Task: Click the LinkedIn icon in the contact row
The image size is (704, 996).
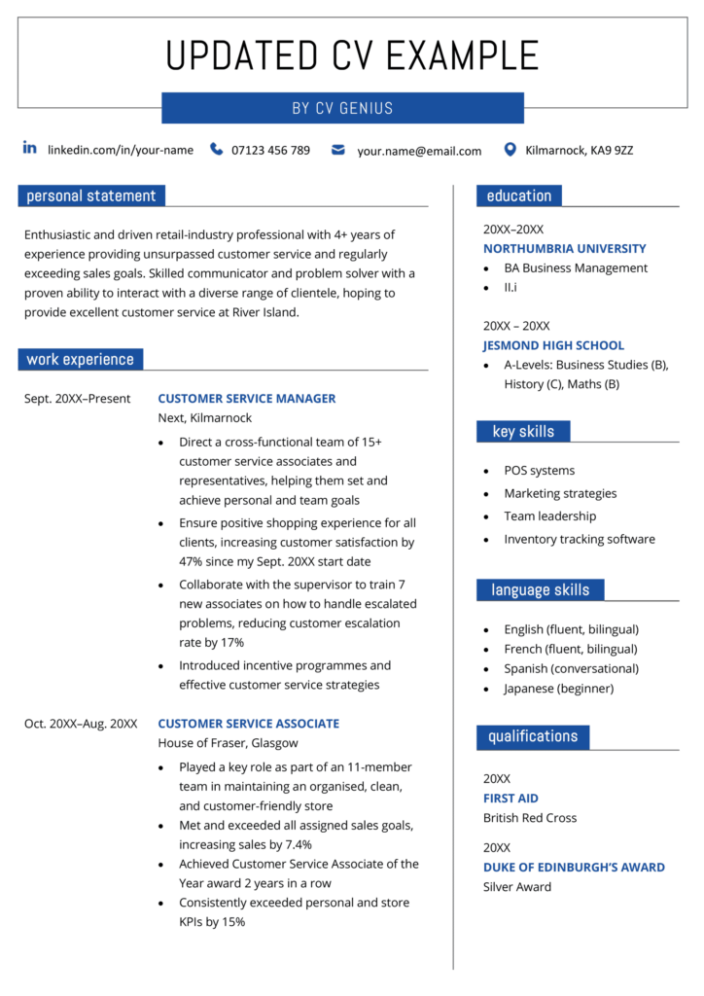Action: (30, 148)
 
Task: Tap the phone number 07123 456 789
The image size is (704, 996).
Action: (270, 150)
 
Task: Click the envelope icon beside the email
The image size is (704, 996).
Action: (337, 150)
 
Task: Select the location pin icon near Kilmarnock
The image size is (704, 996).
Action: (510, 150)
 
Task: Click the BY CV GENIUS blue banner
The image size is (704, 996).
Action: (342, 108)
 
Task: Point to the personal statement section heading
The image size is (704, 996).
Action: (91, 196)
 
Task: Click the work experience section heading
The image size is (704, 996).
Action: (81, 360)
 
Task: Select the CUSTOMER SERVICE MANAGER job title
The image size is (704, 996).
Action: (246, 399)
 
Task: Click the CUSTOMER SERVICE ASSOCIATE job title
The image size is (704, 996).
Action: (248, 724)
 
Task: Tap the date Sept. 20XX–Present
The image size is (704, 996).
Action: (77, 399)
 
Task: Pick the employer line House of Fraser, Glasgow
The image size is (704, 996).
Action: (228, 743)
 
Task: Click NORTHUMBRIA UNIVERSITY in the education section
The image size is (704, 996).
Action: (564, 249)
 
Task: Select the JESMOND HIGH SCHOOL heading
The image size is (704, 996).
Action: (553, 345)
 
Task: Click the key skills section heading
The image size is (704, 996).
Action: (523, 432)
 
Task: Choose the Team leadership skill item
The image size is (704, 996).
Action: (549, 516)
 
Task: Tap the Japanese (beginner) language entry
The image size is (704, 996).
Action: (558, 689)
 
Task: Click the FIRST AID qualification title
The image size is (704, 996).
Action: (510, 799)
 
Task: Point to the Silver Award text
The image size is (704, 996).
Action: (517, 887)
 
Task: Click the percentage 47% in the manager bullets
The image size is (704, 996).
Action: (192, 562)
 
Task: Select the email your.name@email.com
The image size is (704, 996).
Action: (419, 151)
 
